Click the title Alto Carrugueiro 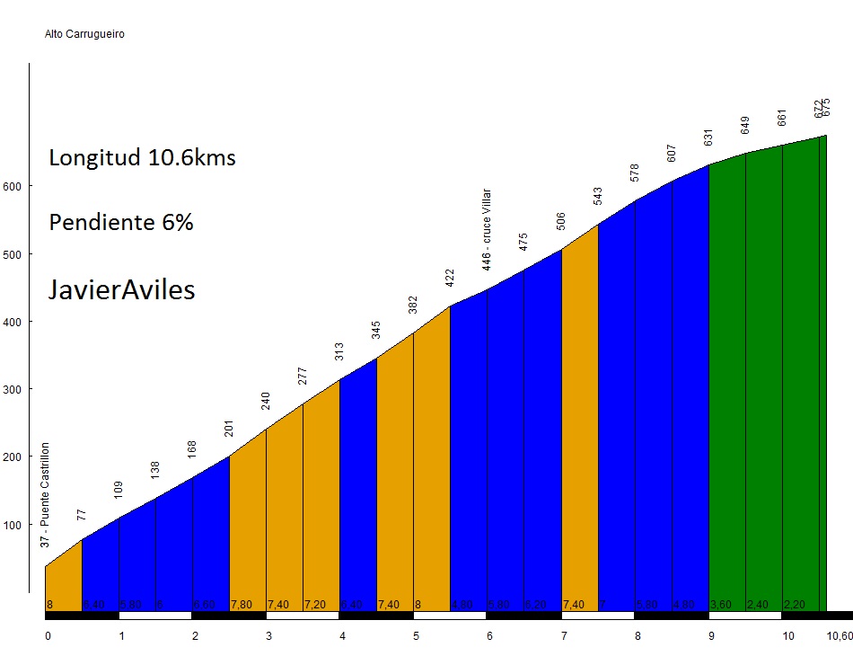coord(84,35)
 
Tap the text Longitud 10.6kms coord(142,158)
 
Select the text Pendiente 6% coord(121,223)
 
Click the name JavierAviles coord(121,290)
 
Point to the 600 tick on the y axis coord(17,186)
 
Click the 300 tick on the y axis coord(17,389)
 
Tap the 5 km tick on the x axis coord(416,636)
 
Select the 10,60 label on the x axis coord(839,636)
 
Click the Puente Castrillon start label coord(46,495)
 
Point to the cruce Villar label coord(487,229)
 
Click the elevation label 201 coord(229,429)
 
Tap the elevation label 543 coord(598,196)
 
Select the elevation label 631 coord(708,137)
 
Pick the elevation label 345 coord(376,330)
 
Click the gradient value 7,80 coord(241,605)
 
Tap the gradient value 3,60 coord(721,605)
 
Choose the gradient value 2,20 coord(795,605)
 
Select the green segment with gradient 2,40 coord(763,377)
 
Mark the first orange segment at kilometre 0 coord(63,580)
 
